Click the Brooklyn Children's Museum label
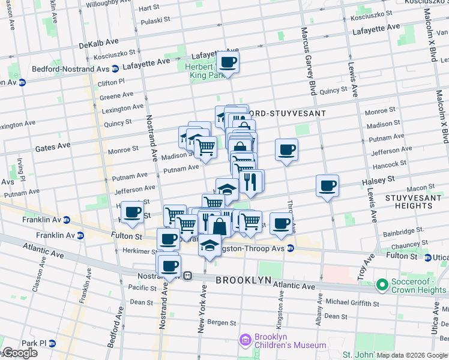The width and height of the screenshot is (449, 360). pos(290,341)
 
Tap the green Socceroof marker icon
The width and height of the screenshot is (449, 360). pos(381,284)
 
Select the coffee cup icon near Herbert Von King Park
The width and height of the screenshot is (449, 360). pos(228,62)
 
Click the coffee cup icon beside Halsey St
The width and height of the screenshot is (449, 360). pos(327,186)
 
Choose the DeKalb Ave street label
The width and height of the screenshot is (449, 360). pos(99,44)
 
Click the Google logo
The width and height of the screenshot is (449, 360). pos(20,353)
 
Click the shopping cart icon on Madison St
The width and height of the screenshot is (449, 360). pos(206,146)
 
